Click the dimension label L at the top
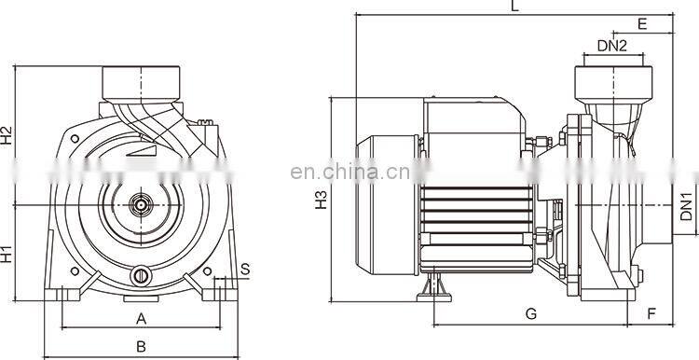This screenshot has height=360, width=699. pos(514,7)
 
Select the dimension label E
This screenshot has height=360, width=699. pos(642,22)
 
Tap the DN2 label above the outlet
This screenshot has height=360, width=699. pos(611,46)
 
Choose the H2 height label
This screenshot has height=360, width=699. pos(7,135)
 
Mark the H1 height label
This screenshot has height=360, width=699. pos(7,253)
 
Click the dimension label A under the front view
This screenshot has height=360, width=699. pos(142,318)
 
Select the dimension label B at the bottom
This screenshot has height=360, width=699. pos(142,346)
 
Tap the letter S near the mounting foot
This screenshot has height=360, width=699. pos(245,270)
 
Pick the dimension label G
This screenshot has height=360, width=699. pos(530,314)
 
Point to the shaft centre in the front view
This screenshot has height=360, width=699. pos(142,202)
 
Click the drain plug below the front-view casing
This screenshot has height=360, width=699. pos(142,275)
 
